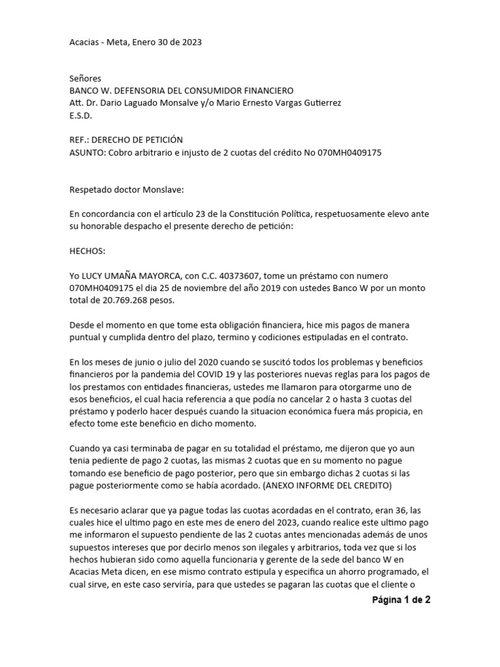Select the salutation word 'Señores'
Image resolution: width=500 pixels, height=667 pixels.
pos(85,78)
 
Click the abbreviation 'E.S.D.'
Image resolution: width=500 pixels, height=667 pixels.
pos(81,115)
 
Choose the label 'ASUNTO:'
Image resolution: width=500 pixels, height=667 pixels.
pos(87,152)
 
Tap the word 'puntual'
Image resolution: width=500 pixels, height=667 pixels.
pos(85,338)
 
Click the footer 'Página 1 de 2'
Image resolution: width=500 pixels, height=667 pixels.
pos(401,600)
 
